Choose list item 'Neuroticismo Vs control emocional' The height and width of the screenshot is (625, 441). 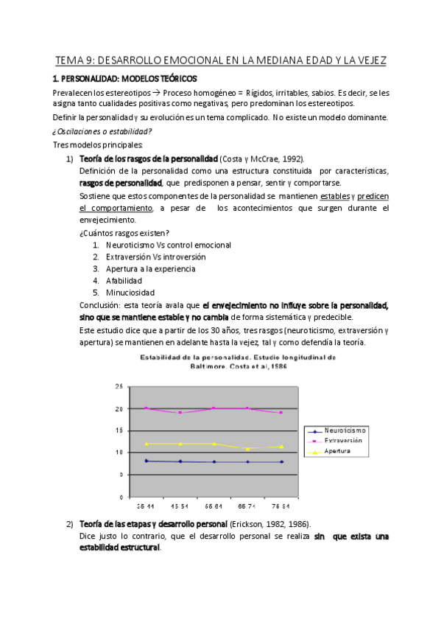tap(168, 245)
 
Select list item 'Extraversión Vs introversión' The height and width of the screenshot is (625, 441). tap(155, 256)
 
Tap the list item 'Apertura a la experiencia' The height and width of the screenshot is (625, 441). tap(150, 268)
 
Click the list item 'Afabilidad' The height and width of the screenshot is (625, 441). tap(124, 280)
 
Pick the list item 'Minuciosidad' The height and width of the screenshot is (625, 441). tap(130, 292)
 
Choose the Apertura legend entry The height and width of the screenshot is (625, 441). tap(340, 450)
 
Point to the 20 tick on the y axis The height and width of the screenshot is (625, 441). tap(119, 408)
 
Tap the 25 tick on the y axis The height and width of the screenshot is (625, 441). tap(119, 386)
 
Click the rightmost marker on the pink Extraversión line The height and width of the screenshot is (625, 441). tap(281, 412)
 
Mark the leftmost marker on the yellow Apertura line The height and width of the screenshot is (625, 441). tap(147, 444)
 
